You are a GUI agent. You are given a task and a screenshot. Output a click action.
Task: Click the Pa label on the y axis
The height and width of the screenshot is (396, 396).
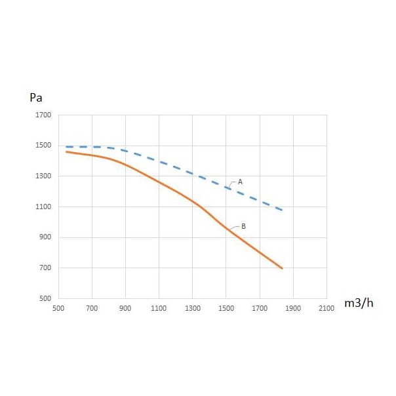36,98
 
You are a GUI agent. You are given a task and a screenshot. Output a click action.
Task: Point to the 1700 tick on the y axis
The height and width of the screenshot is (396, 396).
43,115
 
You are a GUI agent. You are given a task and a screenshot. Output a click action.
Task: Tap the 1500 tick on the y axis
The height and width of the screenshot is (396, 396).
43,146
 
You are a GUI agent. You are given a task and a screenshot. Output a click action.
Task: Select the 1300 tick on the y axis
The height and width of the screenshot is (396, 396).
43,176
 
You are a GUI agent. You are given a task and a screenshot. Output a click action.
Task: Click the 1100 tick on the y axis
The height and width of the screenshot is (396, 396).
43,207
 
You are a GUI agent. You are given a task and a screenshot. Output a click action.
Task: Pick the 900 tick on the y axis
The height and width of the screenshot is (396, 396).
45,237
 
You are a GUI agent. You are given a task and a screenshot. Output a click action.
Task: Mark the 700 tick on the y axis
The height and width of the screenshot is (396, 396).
45,268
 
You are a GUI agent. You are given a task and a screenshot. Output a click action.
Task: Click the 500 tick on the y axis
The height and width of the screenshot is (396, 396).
45,298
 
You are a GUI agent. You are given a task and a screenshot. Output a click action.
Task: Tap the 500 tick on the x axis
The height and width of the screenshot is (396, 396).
58,307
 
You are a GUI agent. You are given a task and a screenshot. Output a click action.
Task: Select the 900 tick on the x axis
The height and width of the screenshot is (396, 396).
125,307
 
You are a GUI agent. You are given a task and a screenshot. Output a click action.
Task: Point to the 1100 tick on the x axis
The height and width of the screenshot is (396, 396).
159,307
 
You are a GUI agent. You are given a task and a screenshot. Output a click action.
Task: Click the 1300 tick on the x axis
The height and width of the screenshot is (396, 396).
193,307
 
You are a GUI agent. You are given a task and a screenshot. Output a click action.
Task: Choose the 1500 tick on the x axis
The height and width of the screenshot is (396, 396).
226,307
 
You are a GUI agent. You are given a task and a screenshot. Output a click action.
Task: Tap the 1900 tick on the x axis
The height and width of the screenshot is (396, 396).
293,307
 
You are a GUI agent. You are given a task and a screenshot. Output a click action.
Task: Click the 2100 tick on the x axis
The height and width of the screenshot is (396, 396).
327,307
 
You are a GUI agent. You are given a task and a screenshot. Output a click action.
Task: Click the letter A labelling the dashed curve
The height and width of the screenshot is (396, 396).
240,181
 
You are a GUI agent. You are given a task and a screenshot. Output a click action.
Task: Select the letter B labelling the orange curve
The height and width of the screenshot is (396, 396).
243,226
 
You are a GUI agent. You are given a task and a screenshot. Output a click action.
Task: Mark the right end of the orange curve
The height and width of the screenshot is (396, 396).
282,268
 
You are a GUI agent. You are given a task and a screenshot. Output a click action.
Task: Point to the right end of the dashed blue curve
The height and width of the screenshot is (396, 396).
282,210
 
